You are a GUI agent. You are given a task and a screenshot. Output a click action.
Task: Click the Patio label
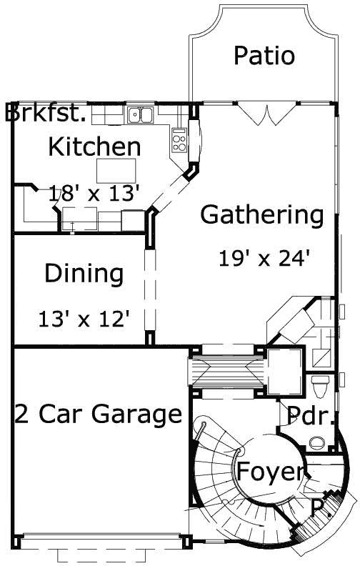coord(264,56)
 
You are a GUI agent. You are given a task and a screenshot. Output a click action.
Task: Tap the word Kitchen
coord(94,147)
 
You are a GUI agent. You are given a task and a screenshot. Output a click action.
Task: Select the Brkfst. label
coord(46,114)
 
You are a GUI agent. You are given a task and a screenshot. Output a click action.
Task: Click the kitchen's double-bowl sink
coord(141,114)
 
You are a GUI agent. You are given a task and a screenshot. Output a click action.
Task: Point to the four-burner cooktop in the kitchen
coord(179,139)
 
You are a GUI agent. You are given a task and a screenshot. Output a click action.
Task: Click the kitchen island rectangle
coord(116,171)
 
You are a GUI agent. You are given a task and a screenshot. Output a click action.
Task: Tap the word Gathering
coord(262,214)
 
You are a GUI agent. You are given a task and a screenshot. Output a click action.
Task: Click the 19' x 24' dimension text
coord(264,257)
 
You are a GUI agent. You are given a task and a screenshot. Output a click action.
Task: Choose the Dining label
coord(84,274)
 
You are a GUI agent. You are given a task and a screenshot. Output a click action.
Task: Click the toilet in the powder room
coord(321,386)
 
